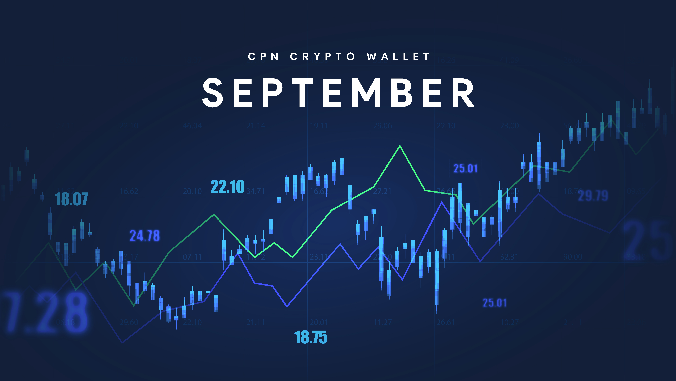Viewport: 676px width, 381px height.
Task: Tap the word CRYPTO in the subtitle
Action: coord(322,56)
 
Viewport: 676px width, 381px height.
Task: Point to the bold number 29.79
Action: coord(593,196)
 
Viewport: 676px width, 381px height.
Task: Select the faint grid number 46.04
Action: coord(192,126)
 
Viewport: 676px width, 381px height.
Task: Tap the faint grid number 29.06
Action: coord(382,126)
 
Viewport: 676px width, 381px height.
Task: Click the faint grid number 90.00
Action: coord(573,257)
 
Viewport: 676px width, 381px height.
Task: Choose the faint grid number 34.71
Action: coord(255,191)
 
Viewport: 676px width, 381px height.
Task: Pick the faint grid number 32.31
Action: coord(509,257)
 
